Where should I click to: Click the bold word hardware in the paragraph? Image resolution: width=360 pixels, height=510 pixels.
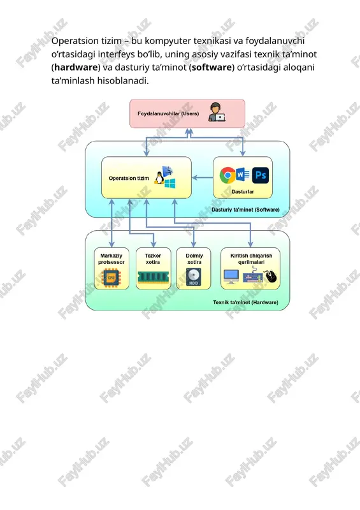76,68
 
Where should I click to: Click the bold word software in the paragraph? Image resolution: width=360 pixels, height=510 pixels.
212,68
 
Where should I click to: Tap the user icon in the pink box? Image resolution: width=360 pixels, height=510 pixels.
217,112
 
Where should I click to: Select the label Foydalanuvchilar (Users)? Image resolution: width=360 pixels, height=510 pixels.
168,113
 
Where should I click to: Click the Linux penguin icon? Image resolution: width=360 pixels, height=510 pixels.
159,178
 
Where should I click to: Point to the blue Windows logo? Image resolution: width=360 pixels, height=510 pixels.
170,183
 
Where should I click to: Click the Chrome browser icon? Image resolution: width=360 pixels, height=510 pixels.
227,175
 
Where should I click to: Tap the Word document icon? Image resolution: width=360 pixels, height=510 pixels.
243,175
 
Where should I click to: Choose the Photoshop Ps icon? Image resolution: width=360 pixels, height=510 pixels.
261,175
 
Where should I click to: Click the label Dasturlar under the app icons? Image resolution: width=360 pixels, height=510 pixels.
243,192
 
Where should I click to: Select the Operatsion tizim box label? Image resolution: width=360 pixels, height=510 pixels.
129,178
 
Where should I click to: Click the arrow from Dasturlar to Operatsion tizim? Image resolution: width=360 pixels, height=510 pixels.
202,178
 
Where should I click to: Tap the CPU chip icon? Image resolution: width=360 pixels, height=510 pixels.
112,277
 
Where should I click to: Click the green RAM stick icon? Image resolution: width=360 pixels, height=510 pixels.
153,277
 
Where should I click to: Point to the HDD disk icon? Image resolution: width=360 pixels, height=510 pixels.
194,277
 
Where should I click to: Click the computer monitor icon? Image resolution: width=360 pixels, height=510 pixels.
231,277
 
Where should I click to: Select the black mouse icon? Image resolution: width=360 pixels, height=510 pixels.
271,276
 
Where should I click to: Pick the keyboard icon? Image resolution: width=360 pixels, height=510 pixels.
252,277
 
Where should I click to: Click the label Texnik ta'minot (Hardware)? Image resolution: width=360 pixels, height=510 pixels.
245,302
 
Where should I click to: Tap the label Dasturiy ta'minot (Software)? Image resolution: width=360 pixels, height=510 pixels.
245,210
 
